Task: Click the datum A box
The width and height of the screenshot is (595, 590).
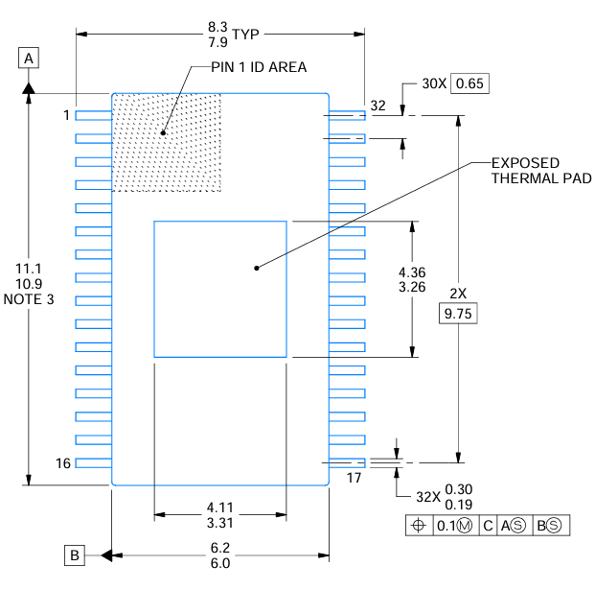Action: (x=30, y=59)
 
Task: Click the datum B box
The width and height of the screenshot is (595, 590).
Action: (x=74, y=555)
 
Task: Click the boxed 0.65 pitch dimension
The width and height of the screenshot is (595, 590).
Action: (x=470, y=83)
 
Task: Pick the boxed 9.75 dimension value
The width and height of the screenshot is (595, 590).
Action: (x=456, y=314)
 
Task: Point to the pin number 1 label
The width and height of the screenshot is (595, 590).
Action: (x=66, y=115)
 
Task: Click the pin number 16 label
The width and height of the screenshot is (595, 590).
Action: (x=63, y=463)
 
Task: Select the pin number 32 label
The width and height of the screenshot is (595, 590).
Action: (x=378, y=106)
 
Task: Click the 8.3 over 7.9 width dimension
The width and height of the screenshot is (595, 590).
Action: (x=218, y=35)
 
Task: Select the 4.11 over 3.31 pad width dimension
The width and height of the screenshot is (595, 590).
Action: (x=220, y=515)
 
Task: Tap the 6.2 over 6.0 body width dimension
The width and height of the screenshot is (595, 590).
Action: (x=220, y=555)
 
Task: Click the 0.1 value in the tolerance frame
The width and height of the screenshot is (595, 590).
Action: (x=447, y=526)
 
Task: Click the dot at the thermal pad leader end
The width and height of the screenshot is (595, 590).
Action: (x=256, y=268)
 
